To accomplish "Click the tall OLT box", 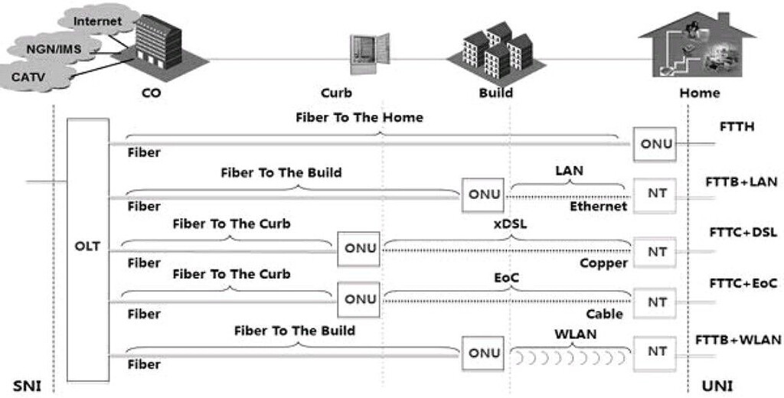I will coord(87,249).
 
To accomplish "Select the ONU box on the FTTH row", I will coord(655,144).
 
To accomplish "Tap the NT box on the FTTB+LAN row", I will coord(655,194).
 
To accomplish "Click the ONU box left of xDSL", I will coord(361,248).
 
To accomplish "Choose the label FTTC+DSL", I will coord(741,233).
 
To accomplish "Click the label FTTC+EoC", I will coord(741,283).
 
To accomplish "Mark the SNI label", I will coord(27,386).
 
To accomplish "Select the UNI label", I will coord(717,386).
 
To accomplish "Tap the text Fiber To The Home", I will coord(359,118).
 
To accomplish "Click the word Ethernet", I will coord(599,206).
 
